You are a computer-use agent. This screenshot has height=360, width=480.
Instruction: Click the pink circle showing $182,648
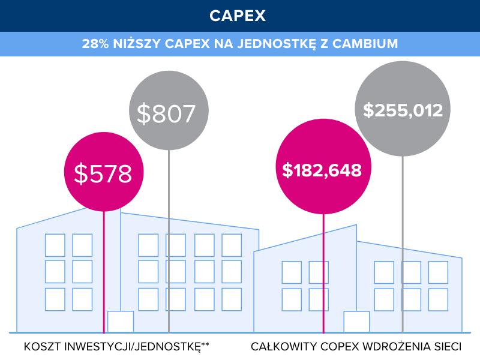coord(323,170)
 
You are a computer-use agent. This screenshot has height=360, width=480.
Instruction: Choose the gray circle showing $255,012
coord(403,110)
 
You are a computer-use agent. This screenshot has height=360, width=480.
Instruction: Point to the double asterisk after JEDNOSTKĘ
coord(205,345)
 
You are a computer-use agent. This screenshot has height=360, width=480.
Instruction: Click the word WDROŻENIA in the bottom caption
coord(397,347)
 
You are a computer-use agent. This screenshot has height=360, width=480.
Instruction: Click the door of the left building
coord(120,322)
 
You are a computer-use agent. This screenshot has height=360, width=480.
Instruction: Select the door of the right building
coord(356,322)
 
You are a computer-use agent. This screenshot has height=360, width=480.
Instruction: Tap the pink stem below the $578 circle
coord(104,270)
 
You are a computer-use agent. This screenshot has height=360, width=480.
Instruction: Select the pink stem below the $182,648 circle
coord(323,270)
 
